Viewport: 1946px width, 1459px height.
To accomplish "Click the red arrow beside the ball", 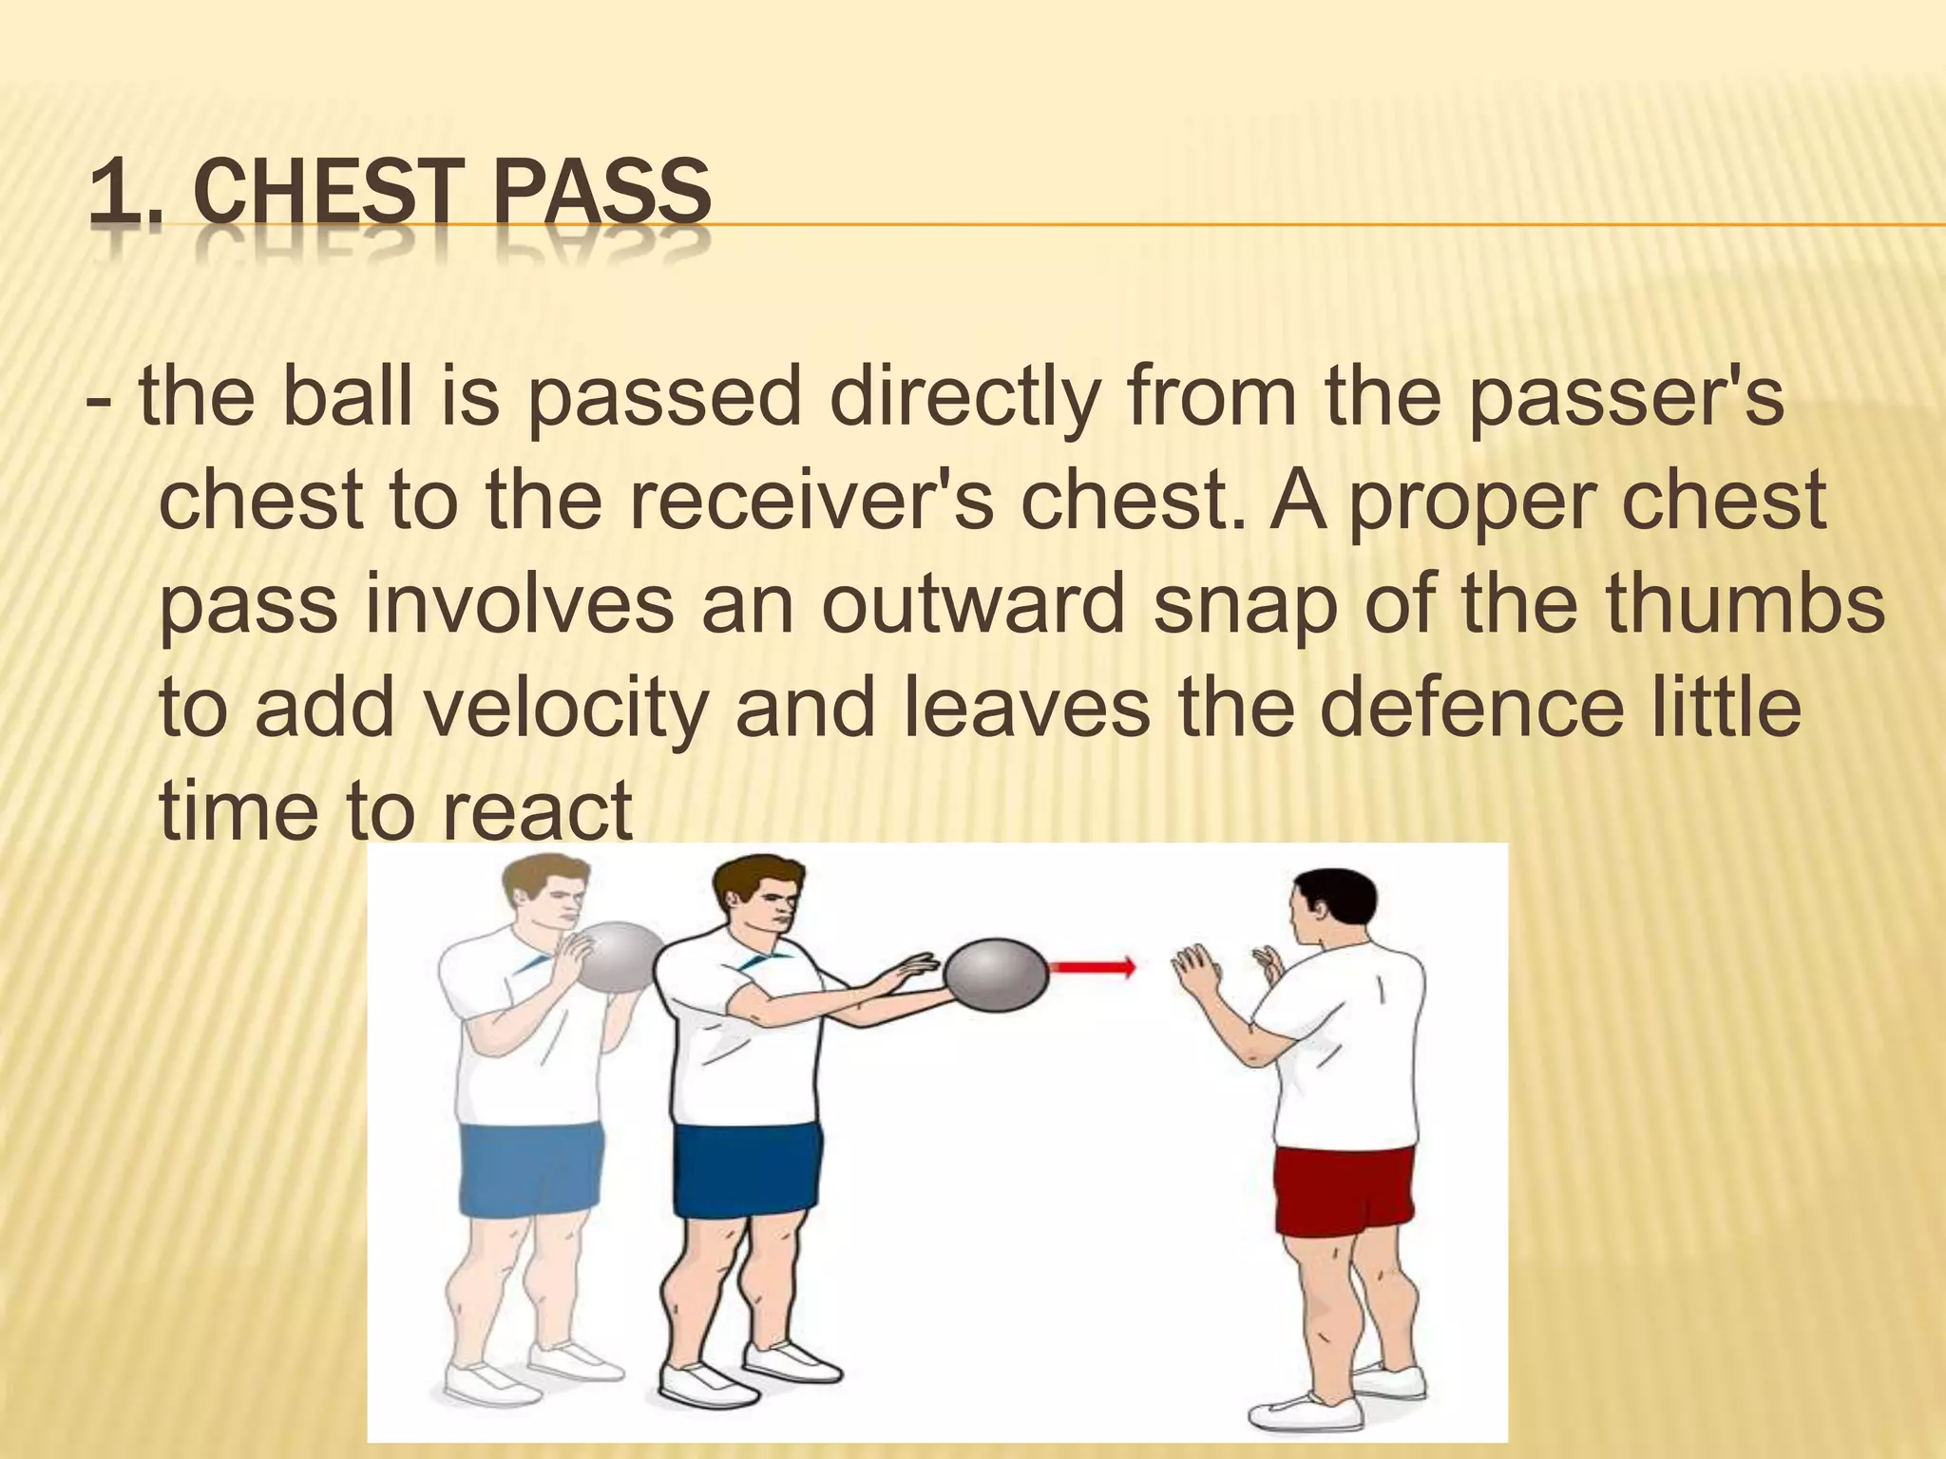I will tap(1093, 968).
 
